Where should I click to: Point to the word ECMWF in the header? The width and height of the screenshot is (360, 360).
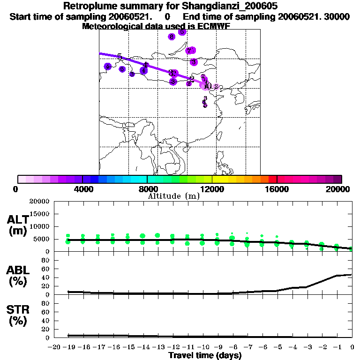pos(214,26)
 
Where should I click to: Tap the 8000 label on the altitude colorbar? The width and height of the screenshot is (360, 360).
pos(147,188)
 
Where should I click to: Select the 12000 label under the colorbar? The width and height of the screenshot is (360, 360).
pos(212,188)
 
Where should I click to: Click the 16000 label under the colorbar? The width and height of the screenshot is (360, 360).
pos(277,188)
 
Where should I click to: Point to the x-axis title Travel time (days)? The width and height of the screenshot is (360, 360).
pos(205,355)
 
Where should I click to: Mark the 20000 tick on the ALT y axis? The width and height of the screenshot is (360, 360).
pos(40,202)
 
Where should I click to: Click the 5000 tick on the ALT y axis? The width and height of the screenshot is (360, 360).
pos(42,239)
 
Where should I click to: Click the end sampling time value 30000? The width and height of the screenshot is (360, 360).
pos(337,16)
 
